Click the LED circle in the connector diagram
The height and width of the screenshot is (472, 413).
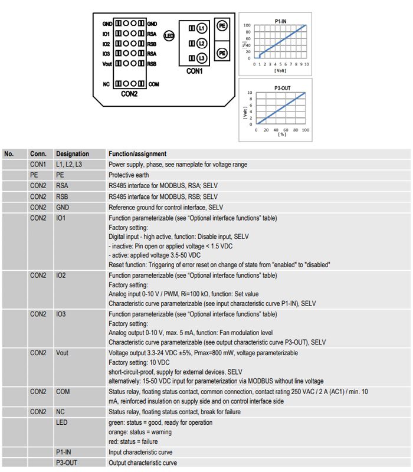(168, 37)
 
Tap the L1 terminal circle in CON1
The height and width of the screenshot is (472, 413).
(201, 28)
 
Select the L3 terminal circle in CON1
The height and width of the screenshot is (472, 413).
(201, 58)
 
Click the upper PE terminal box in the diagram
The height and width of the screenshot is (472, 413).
(222, 26)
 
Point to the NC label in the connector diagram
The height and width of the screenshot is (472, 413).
(107, 84)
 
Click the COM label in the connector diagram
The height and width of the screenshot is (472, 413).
(154, 84)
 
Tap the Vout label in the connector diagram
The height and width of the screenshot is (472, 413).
(107, 63)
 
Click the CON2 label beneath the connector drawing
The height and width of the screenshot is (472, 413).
(129, 94)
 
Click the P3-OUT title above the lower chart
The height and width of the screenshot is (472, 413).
(281, 88)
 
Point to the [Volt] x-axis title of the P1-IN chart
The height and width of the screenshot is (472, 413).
(280, 71)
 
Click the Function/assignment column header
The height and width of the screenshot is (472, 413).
(137, 154)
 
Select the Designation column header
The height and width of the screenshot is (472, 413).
(73, 154)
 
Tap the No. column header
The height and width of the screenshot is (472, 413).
(9, 154)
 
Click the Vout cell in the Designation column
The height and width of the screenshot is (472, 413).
(63, 353)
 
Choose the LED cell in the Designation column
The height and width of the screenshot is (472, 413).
(62, 422)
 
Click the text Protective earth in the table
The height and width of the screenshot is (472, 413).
(129, 175)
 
